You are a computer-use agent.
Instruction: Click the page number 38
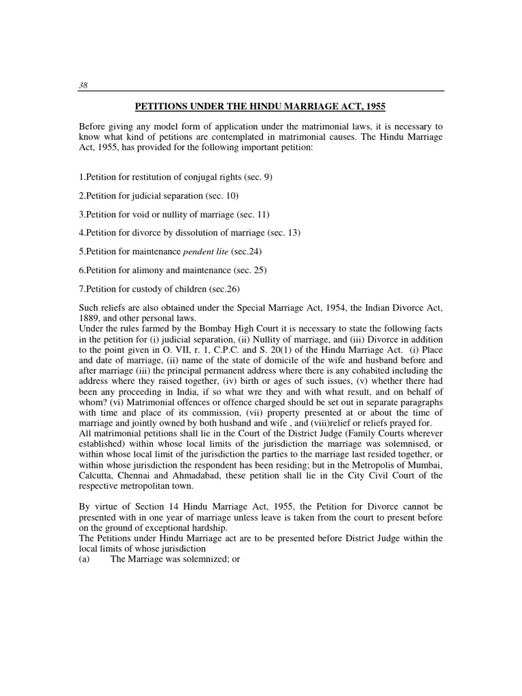(x=84, y=85)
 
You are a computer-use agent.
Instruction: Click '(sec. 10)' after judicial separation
(x=228, y=195)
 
